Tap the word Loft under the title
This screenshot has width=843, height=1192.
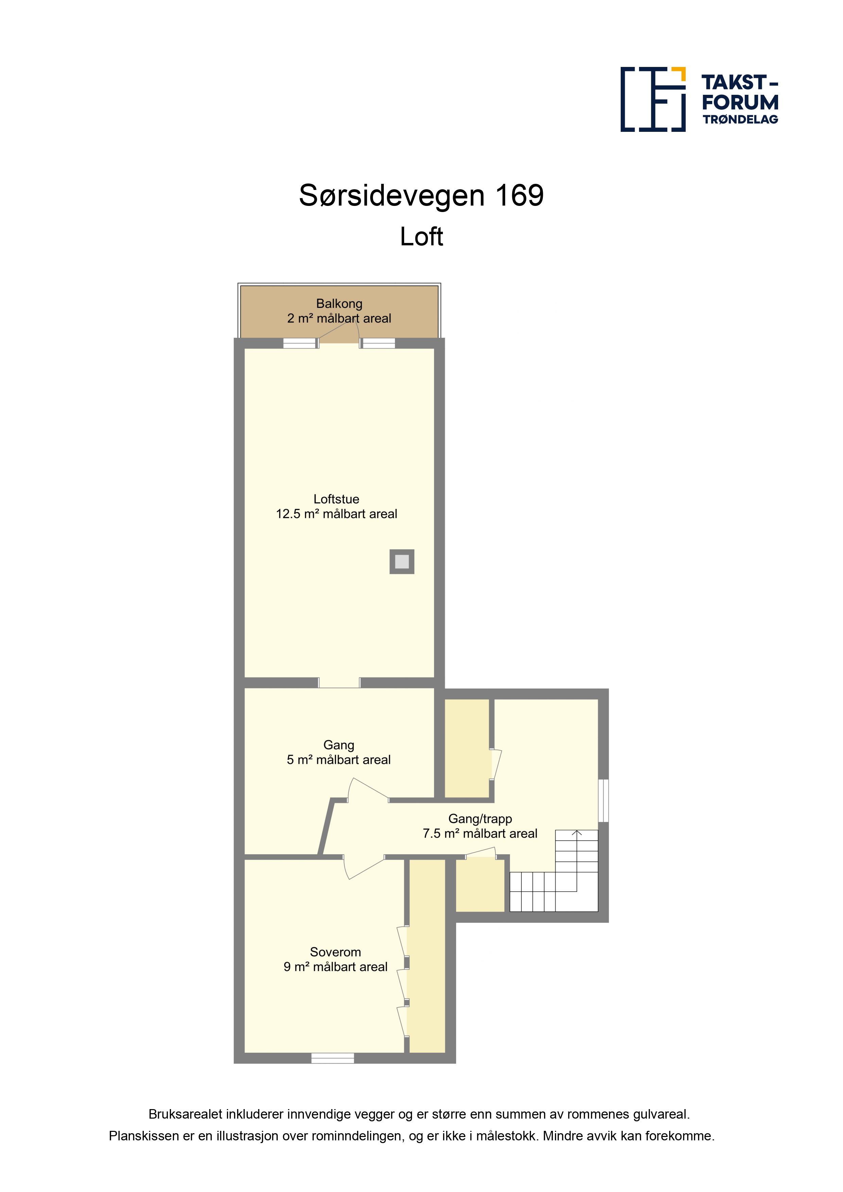421,237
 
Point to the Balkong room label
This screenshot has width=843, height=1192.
339,304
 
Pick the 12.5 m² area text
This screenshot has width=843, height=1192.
337,514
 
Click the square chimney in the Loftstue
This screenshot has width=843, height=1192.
402,561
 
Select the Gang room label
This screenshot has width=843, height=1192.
339,745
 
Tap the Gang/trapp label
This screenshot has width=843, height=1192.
480,819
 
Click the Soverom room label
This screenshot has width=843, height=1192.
335,952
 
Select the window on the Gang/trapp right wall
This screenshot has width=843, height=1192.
603,801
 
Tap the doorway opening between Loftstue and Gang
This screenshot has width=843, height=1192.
339,683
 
